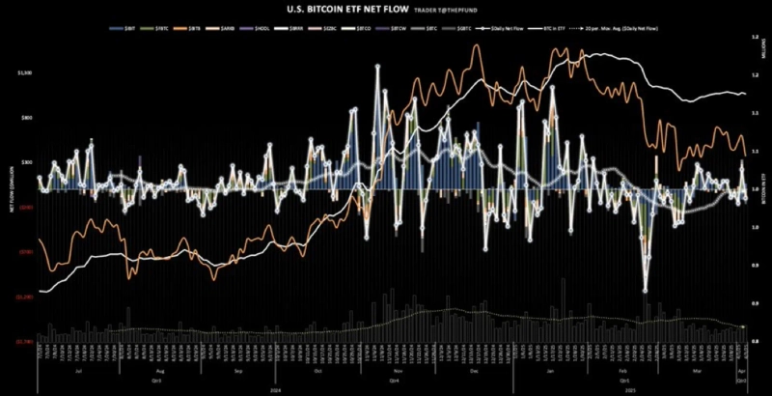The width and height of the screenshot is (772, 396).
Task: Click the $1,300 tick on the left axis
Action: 25,72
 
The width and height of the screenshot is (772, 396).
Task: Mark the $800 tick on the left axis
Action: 26,117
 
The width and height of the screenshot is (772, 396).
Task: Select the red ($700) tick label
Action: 25,251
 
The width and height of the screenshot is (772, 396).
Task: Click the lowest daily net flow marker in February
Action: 646,289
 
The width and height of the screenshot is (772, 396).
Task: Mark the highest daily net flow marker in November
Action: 379,67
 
